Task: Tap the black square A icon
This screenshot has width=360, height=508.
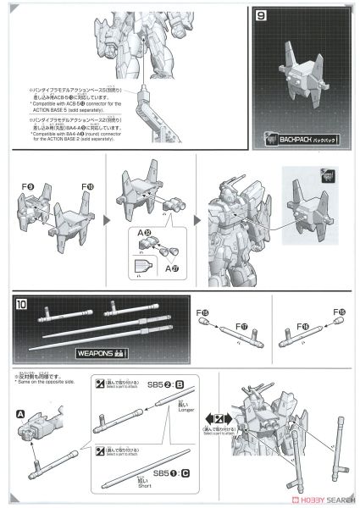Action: point(19,414)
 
